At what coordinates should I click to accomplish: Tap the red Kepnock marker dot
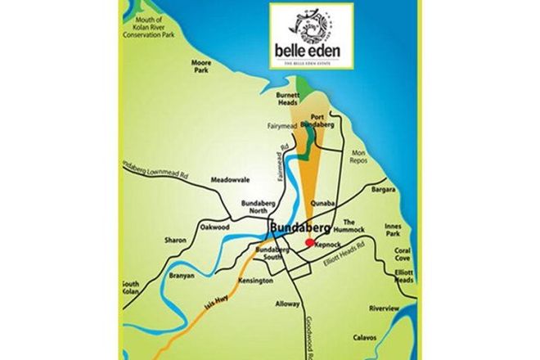coord(309,242)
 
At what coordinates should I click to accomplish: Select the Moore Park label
coord(201,67)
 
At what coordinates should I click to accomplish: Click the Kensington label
coord(254,281)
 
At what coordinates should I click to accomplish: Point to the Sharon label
coord(174,241)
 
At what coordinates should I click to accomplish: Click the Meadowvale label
coord(229,180)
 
